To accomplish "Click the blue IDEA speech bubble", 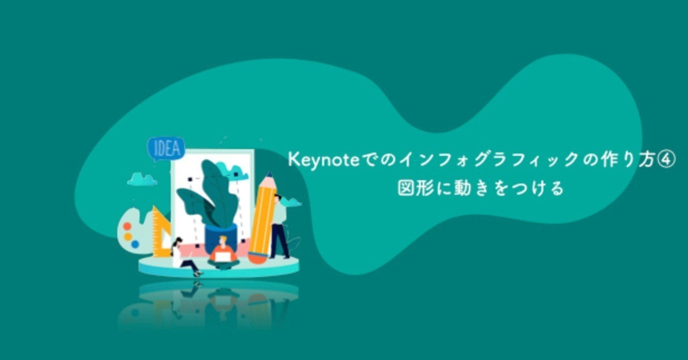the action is pos(166,149).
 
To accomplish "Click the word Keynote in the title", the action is pos(324,160).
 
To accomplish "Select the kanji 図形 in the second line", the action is pos(416,188).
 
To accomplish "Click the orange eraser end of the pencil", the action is pos(257,257).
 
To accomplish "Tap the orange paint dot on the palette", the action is pos(127,226).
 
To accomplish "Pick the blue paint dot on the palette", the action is pos(135,244).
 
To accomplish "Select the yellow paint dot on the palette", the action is pos(128,237).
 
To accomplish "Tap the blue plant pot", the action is pos(220,237).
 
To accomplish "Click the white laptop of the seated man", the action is pos(223,257).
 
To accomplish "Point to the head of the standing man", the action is pos(278,198).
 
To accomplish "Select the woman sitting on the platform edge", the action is pos(185,256).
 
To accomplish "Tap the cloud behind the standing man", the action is pos(291,202).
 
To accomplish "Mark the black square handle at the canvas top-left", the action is pos(190,179).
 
